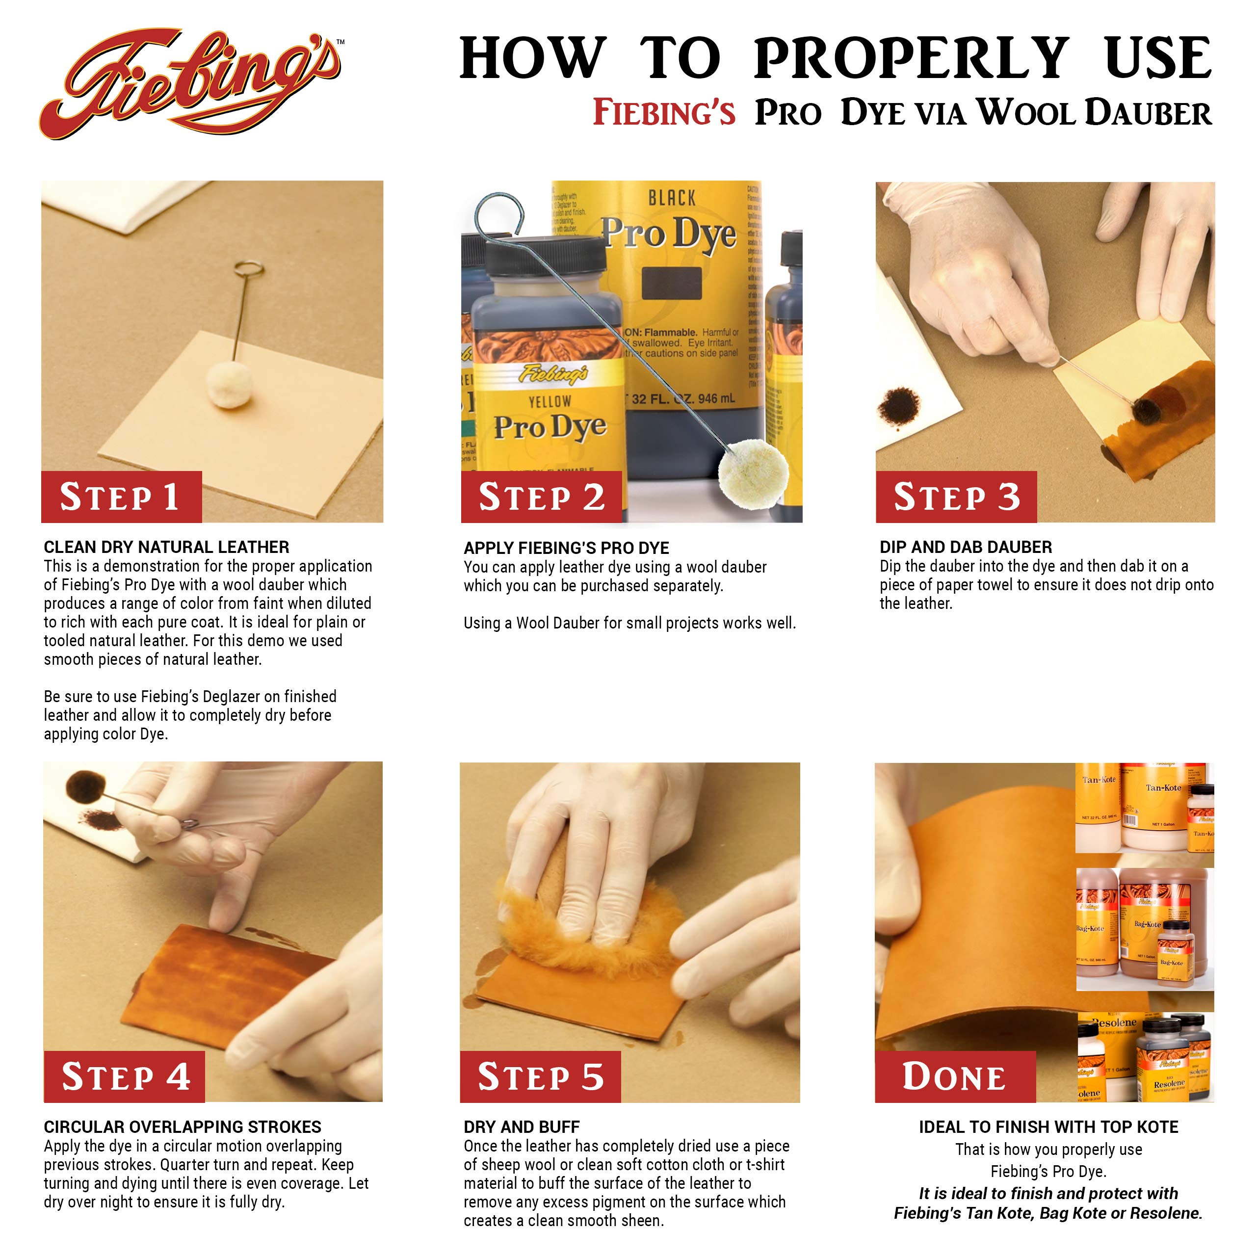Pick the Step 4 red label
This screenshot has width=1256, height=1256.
click(124, 1076)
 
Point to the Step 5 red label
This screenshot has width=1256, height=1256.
click(540, 1076)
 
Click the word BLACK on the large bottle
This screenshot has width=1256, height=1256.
click(672, 198)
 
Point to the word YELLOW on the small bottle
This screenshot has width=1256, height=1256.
click(549, 402)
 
